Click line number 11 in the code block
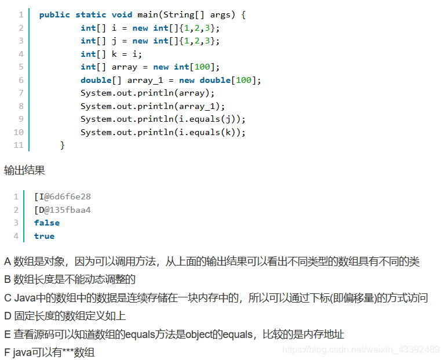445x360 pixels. pyautogui.click(x=19, y=145)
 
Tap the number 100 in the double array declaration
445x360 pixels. pyautogui.click(x=244, y=80)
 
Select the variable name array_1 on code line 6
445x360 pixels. pyautogui.click(x=145, y=80)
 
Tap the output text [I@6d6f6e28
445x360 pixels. pyautogui.click(x=63, y=197)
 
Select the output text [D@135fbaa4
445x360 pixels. pyautogui.click(x=63, y=209)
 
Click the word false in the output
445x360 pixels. pyautogui.click(x=47, y=223)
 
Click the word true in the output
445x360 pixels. pyautogui.click(x=44, y=236)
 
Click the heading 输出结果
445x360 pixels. pyautogui.click(x=24, y=170)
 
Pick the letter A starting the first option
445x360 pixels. pyautogui.click(x=8, y=261)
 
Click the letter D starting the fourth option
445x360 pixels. pyautogui.click(x=8, y=316)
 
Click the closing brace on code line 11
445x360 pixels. pyautogui.click(x=63, y=145)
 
